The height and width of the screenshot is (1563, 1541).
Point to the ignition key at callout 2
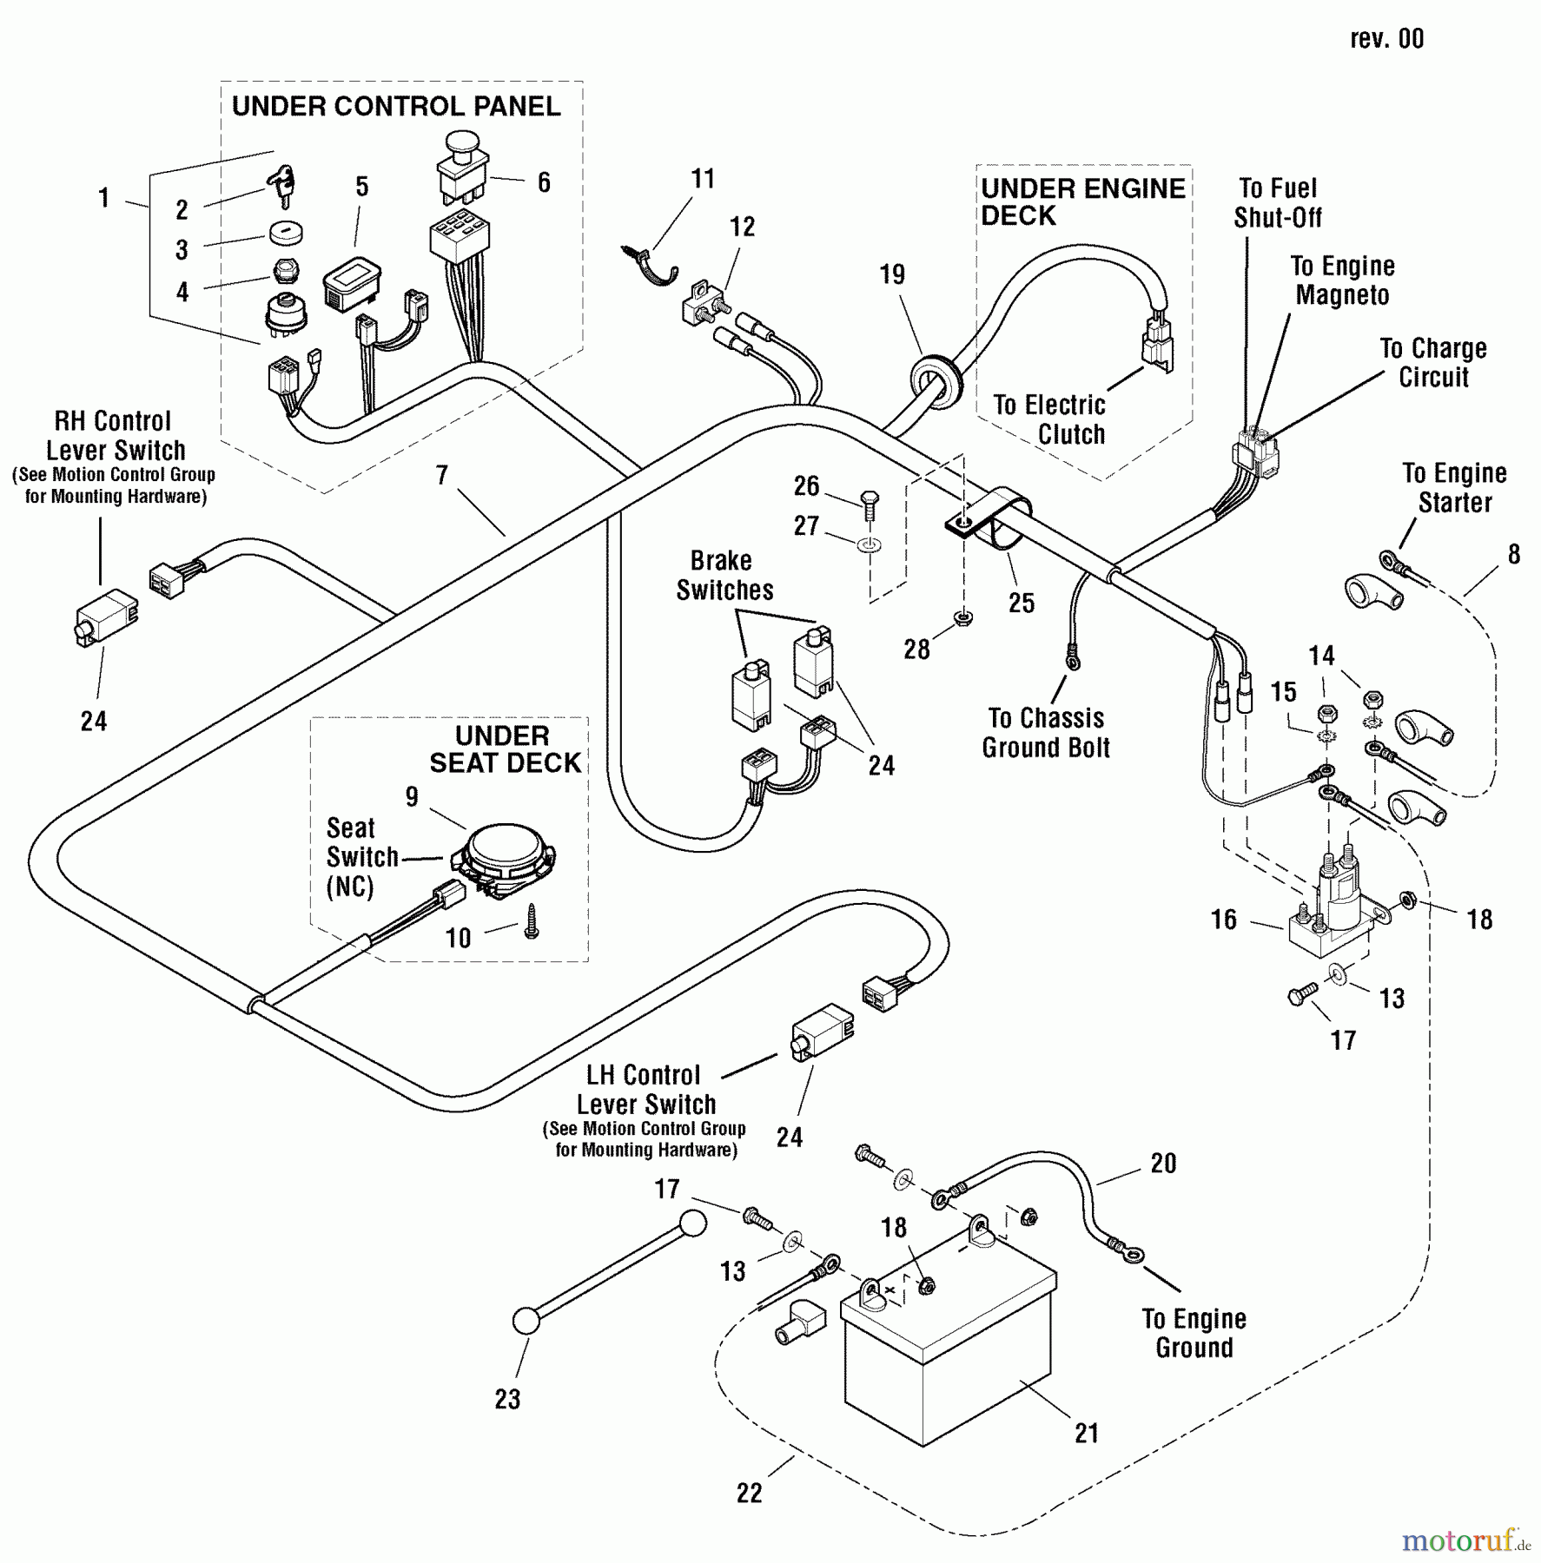[x=283, y=188]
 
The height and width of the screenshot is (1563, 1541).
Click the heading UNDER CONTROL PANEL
[x=396, y=107]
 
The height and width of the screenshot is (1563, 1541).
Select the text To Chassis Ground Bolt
[x=1046, y=733]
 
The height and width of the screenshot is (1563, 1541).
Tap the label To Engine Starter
[x=1454, y=487]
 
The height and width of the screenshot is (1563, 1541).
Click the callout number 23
[x=507, y=1399]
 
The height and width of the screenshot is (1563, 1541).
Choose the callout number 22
[x=749, y=1493]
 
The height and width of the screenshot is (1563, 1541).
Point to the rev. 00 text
[x=1386, y=39]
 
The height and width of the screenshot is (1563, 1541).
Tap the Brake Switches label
[x=724, y=575]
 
